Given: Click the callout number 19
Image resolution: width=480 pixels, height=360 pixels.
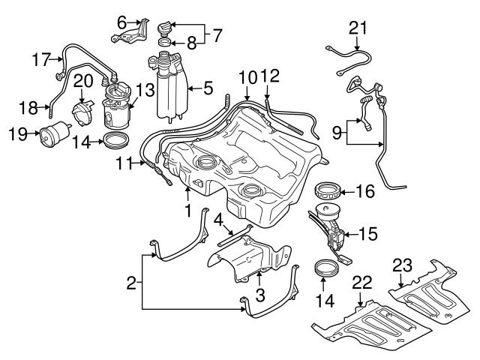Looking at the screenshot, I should point(19,135).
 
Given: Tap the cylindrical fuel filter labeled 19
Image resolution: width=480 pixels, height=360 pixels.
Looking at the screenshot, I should point(53,136).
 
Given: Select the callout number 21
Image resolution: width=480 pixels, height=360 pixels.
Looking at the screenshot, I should point(358,28).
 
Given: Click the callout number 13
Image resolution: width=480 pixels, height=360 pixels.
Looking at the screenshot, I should point(145,90).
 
